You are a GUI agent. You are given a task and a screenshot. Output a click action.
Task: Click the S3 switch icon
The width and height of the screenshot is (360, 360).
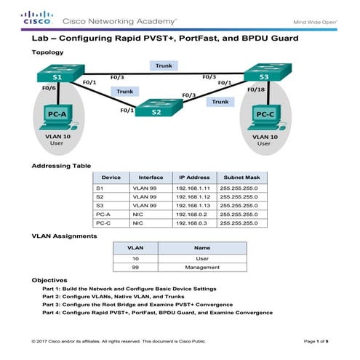click(x=264, y=75)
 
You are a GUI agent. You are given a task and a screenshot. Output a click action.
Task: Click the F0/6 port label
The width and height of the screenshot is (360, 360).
click(x=49, y=89)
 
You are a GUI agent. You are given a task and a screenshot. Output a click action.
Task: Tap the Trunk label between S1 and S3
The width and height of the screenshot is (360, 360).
click(x=164, y=65)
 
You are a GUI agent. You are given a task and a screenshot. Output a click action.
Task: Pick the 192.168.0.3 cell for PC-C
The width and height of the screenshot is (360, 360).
click(x=194, y=223)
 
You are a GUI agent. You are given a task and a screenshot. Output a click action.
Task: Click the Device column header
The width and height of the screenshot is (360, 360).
click(x=111, y=177)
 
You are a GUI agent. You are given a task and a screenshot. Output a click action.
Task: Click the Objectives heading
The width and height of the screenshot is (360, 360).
click(x=49, y=280)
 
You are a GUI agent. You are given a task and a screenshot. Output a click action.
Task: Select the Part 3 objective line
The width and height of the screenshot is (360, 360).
click(x=138, y=304)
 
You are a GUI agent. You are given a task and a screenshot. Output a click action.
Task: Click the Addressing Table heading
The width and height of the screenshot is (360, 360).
click(x=61, y=166)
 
